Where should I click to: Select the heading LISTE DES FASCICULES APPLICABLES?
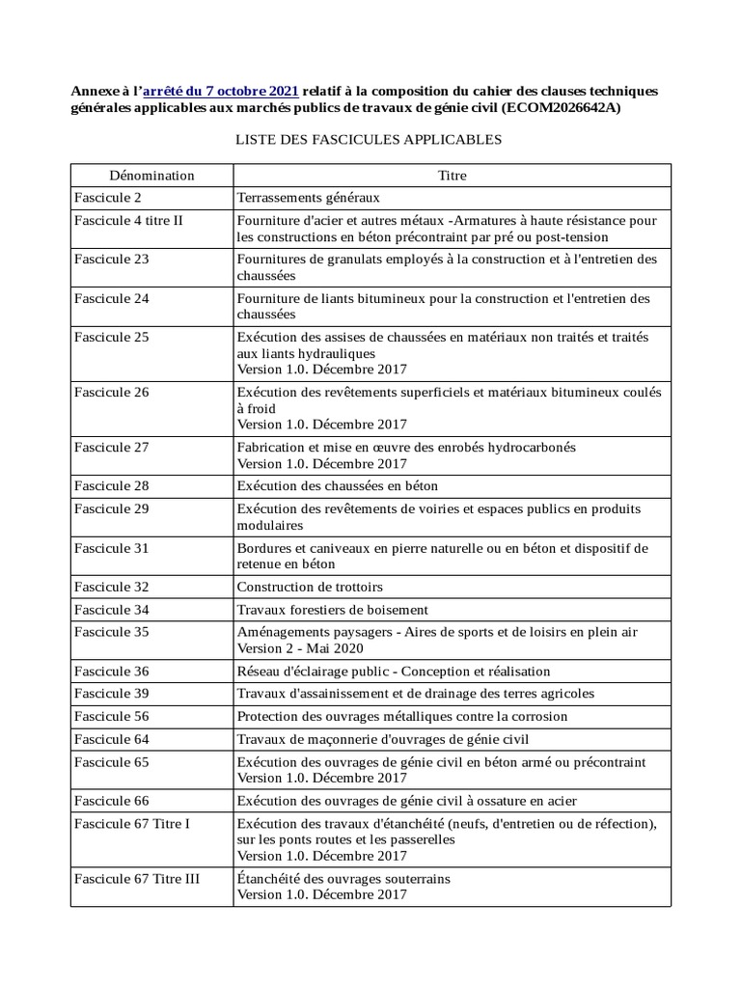click(369, 140)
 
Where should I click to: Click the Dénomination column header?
click(151, 176)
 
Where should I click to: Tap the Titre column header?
click(452, 176)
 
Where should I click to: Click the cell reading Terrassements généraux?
click(309, 198)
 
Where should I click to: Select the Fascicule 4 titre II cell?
click(128, 220)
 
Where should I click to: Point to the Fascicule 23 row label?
click(112, 260)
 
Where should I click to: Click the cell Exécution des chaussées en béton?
click(343, 485)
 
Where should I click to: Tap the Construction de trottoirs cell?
click(310, 587)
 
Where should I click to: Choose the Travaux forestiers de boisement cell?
click(332, 610)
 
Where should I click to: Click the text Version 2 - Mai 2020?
click(308, 648)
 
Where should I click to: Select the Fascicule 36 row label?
click(112, 671)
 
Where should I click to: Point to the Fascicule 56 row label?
click(112, 717)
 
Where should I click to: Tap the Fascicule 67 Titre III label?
click(137, 879)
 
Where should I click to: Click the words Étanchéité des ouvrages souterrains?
click(343, 879)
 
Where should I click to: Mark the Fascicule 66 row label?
click(112, 801)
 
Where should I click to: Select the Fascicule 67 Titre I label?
click(132, 823)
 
